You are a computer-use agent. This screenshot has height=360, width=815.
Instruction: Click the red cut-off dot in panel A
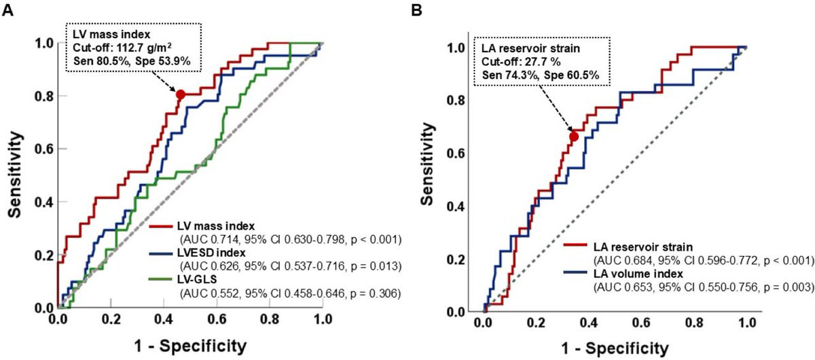point(180,94)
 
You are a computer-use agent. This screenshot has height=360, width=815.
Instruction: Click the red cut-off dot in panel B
point(574,137)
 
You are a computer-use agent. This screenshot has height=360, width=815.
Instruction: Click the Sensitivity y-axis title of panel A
point(15,175)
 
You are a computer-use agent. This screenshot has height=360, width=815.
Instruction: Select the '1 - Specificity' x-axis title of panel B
point(615,348)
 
